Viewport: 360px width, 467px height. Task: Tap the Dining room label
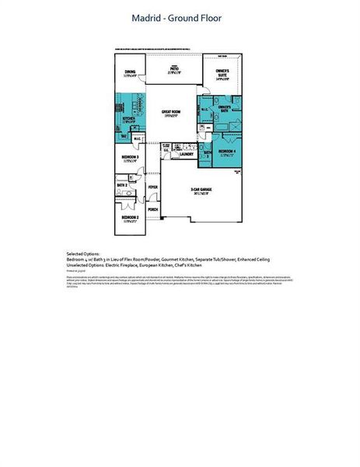(x=130, y=73)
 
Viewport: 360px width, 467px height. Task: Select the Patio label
(x=175, y=69)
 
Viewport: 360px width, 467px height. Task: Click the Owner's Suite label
(x=222, y=75)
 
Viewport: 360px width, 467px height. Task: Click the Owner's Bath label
(x=225, y=108)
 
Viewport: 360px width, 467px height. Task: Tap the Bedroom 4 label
(x=225, y=152)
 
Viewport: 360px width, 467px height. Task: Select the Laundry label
(x=186, y=154)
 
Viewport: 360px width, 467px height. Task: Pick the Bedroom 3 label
(x=130, y=158)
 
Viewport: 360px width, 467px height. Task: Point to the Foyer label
(x=153, y=188)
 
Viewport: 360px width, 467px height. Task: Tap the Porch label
(x=152, y=210)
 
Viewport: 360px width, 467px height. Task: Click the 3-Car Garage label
(x=203, y=191)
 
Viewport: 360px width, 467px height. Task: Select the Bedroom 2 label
(x=130, y=219)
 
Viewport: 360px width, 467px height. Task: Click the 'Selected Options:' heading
(x=82, y=255)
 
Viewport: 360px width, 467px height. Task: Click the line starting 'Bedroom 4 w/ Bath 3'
(x=168, y=260)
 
